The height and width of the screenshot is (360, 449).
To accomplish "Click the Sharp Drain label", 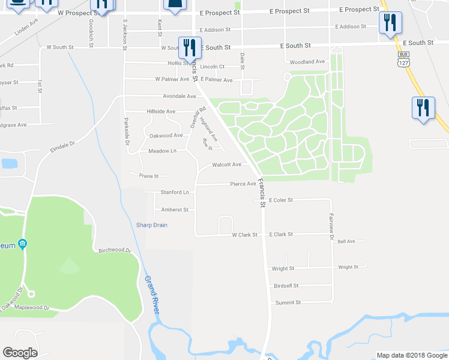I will (x=151, y=225).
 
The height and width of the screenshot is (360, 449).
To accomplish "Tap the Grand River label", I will (x=151, y=294).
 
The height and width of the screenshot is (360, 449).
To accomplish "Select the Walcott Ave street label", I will (x=226, y=164).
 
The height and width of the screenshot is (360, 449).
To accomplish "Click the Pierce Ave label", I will (x=243, y=184).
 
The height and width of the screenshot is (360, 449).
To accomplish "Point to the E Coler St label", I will (x=280, y=200).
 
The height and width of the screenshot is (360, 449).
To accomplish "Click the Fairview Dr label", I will (x=331, y=227).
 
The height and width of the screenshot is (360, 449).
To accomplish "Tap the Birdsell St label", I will (x=286, y=286).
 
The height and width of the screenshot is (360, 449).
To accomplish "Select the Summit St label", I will (x=288, y=303).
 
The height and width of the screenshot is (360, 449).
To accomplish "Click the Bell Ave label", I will (x=346, y=241).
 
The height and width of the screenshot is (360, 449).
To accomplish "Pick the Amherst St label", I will (x=175, y=210).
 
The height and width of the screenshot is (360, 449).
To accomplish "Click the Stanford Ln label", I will (x=175, y=193).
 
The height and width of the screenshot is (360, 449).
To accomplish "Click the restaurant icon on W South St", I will (x=190, y=47).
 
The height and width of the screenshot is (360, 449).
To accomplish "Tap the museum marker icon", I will (x=22, y=244).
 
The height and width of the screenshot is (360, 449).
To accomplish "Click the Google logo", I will (x=20, y=353).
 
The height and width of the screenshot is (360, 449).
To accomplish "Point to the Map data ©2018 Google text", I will (x=412, y=355).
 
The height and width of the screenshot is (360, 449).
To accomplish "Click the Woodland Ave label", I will (x=307, y=62).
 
